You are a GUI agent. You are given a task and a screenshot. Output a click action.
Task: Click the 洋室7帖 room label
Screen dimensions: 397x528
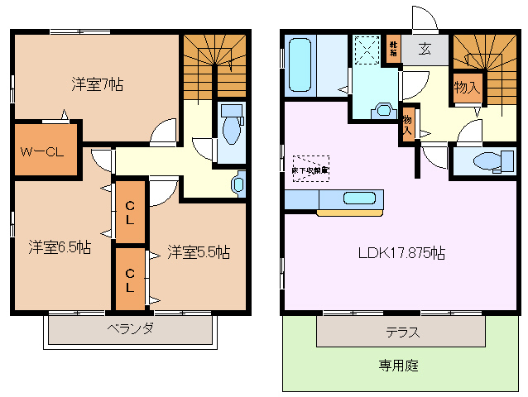[97, 84]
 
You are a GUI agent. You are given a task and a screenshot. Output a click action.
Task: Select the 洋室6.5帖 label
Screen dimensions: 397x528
[60, 247]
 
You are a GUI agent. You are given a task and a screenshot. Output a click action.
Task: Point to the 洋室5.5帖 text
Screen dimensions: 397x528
[198, 251]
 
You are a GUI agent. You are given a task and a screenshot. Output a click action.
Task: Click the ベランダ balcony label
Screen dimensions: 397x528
[129, 328]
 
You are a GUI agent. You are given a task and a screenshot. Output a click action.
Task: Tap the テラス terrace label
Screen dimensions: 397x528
[401, 332]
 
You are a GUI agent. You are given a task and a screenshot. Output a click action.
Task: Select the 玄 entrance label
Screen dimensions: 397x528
[425, 49]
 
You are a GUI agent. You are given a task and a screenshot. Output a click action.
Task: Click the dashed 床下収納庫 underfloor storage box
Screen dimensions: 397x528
[310, 168]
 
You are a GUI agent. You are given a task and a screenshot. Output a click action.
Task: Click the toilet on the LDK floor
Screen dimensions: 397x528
[483, 162]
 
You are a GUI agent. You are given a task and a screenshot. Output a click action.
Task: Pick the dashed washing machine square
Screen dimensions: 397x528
[365, 50]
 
